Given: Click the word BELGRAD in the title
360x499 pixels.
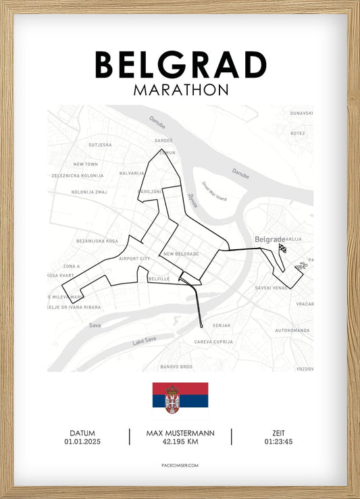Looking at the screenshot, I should [x=180, y=65].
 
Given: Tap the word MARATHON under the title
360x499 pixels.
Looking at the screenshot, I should [x=180, y=89].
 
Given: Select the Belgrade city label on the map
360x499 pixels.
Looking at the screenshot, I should [x=269, y=239].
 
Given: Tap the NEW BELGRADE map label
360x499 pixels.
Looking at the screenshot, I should [x=180, y=254].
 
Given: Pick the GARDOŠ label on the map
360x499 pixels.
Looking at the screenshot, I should [x=164, y=140].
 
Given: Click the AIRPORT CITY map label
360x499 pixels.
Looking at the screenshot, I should [x=135, y=259].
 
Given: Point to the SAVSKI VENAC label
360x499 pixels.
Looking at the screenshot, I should [x=272, y=288].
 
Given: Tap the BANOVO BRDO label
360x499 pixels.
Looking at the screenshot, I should [x=176, y=367].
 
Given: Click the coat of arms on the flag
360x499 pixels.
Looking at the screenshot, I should [x=172, y=400].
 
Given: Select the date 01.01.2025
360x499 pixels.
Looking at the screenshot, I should [x=82, y=442].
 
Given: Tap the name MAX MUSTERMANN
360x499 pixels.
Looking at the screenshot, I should [x=180, y=434].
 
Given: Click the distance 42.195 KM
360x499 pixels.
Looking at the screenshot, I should [x=180, y=442].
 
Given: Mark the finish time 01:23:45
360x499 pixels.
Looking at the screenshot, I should [x=278, y=442].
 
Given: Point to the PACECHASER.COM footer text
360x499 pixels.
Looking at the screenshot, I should [x=180, y=466].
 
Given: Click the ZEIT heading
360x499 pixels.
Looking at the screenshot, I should [x=278, y=434].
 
